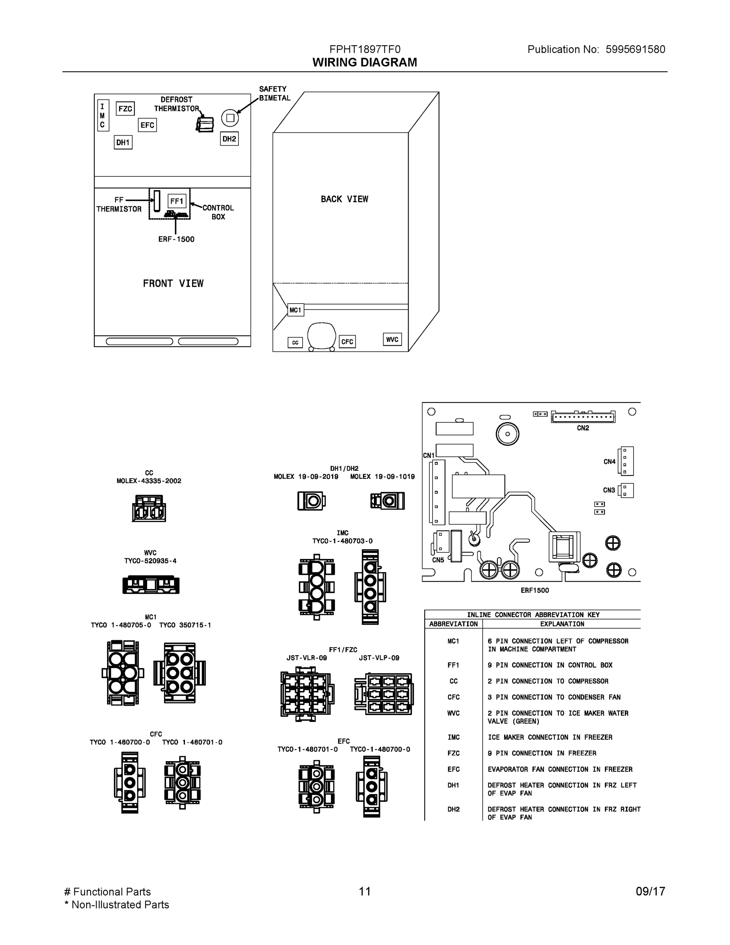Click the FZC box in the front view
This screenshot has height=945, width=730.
point(126,109)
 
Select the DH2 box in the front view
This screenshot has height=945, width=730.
point(229,139)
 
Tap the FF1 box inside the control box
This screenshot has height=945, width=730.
point(177,201)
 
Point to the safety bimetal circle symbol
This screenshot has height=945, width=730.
point(230,118)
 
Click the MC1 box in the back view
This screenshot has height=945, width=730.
point(296,310)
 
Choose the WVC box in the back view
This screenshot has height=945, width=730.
point(392,339)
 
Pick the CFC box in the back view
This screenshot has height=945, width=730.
point(347,341)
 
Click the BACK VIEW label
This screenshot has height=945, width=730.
point(344,199)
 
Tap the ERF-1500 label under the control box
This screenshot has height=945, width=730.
point(176,239)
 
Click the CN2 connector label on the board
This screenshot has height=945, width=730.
point(583,428)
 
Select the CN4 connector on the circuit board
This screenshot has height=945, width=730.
point(626,461)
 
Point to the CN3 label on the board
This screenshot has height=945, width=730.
point(609,490)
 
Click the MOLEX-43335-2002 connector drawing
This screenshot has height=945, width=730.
point(149,508)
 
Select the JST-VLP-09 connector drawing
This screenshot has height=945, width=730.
point(384,694)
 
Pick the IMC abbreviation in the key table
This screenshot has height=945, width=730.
point(453,737)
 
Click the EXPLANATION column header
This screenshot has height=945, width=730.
point(562,624)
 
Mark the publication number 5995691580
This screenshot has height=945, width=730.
point(635,49)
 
